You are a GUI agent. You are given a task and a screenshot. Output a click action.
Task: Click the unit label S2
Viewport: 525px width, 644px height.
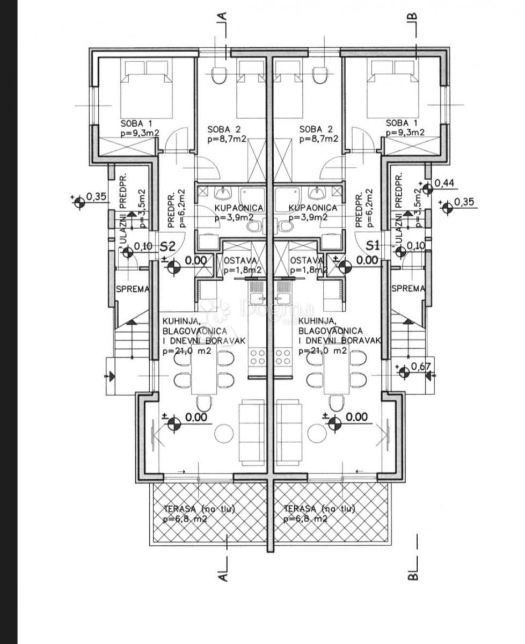(x=168, y=246)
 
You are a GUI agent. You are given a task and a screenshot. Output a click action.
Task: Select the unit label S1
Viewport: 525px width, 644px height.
(x=373, y=246)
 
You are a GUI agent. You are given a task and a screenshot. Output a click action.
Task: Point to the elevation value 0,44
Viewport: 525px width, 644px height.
(x=444, y=184)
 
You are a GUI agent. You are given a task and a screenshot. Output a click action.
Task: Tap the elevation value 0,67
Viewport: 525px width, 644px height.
(x=421, y=367)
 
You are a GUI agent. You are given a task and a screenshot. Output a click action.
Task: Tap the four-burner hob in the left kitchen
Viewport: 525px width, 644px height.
(x=257, y=357)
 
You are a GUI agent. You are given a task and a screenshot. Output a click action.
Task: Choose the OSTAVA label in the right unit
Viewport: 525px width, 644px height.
(x=307, y=260)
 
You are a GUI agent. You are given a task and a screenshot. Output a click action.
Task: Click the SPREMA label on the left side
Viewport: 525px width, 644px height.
(x=132, y=289)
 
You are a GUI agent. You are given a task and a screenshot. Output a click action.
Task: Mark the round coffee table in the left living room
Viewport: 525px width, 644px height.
(x=223, y=432)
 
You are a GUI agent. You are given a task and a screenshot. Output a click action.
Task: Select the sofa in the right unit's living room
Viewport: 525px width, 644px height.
(x=289, y=432)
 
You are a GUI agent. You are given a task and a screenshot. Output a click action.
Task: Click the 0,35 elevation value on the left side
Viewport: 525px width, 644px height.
(x=96, y=196)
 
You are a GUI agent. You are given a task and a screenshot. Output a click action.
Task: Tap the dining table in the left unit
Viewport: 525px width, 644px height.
(x=204, y=370)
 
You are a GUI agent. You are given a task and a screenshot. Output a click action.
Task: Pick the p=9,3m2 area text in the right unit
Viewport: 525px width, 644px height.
(x=405, y=133)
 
